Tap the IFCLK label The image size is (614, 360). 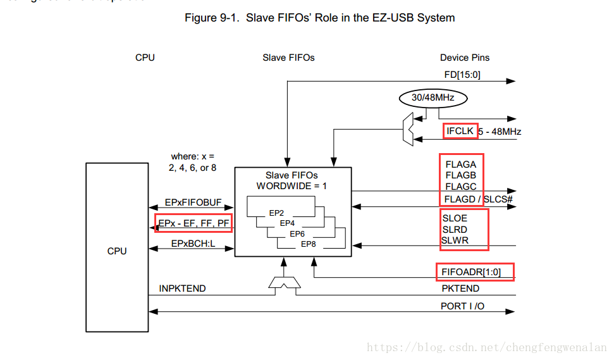(460, 132)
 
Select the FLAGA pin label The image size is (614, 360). (460, 164)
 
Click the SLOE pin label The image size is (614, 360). (455, 218)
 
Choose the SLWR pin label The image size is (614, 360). (456, 240)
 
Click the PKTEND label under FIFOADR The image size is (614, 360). (460, 289)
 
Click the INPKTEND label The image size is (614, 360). (182, 289)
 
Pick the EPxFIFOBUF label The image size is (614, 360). (193, 202)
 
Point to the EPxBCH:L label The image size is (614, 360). (193, 244)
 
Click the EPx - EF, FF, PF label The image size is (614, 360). (193, 223)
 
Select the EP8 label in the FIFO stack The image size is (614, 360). (308, 244)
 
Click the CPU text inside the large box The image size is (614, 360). (117, 251)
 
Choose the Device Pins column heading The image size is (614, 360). (465, 58)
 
